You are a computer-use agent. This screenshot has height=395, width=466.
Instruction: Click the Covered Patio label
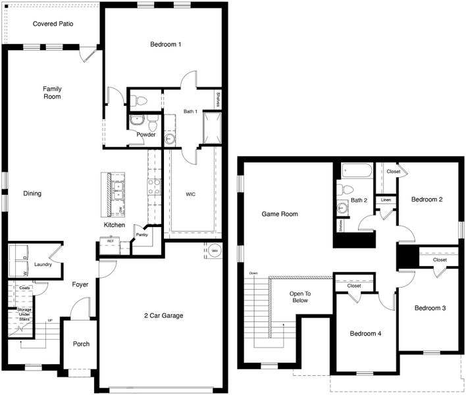tap(53, 24)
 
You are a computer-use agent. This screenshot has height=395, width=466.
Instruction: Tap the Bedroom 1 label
tap(166, 45)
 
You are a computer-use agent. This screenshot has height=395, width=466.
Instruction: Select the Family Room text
tap(52, 92)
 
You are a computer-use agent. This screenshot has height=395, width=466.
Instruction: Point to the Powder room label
tap(146, 135)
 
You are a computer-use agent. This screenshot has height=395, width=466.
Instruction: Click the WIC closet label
tap(190, 194)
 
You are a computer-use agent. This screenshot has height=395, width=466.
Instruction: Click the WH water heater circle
tap(215, 250)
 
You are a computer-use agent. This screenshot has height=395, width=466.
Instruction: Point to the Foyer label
tap(80, 284)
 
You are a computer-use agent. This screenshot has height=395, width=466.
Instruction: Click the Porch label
tap(81, 344)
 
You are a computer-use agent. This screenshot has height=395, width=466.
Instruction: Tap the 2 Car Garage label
tap(163, 316)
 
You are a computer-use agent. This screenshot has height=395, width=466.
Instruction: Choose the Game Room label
tap(280, 214)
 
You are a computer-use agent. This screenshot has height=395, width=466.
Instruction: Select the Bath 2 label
tap(359, 200)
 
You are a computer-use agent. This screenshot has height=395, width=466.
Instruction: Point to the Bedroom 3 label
tap(430, 308)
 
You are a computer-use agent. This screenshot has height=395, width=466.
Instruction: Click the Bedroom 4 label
tap(365, 334)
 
